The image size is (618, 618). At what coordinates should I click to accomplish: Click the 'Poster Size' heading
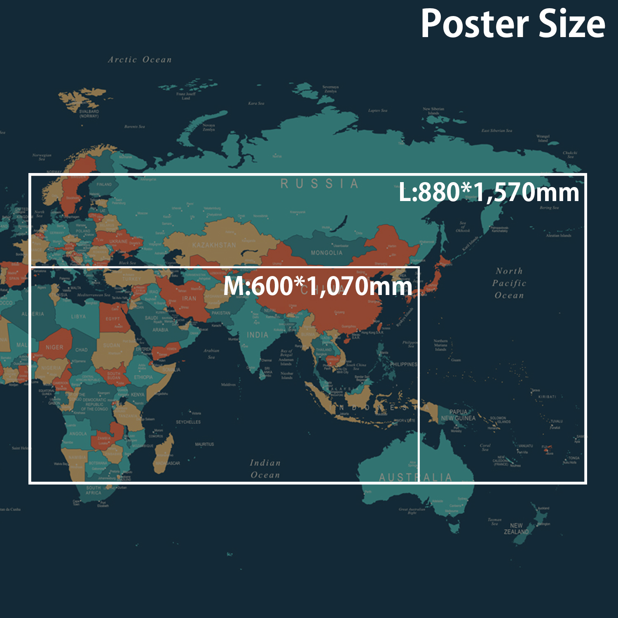pos(513,24)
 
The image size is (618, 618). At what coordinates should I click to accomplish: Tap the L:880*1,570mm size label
pos(489,192)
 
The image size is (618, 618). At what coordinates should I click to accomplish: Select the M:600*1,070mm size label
pos(318,286)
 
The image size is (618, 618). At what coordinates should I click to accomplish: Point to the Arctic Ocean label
pos(140,60)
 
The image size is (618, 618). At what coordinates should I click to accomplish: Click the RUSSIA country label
pos(319,184)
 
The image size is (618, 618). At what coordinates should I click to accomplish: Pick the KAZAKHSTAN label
pos(214,245)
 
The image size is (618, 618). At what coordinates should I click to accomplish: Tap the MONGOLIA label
pos(326,253)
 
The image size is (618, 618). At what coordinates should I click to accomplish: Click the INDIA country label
pos(257,335)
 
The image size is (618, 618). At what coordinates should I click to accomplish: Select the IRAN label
pos(189,298)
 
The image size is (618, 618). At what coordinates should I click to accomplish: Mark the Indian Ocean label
pos(265,469)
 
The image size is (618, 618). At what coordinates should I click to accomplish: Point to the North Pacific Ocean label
pos(509,283)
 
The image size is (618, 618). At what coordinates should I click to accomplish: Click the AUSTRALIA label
pos(415,478)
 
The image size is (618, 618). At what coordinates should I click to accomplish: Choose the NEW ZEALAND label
pos(516,529)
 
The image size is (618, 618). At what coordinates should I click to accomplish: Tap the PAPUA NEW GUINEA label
pos(458,415)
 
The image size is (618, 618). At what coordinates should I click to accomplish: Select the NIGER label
pos(54,347)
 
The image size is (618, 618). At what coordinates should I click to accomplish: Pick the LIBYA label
pos(78,316)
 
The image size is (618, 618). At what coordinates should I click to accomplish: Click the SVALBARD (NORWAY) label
pos(89,114)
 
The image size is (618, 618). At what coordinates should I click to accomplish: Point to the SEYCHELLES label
pos(188,422)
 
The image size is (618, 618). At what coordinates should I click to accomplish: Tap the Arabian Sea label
pos(211,353)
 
